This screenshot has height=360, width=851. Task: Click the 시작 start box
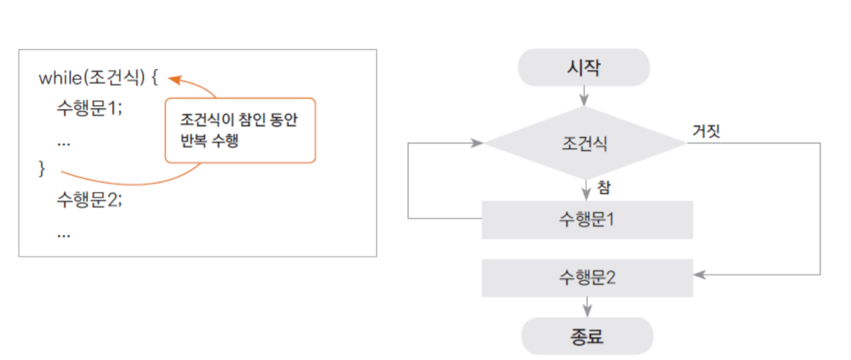[x=584, y=67]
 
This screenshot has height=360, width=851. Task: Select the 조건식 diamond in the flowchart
[x=585, y=143]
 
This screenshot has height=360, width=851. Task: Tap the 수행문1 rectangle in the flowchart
[x=587, y=220]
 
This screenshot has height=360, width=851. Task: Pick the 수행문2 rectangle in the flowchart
[x=587, y=278]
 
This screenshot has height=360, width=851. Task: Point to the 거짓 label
[x=706, y=131]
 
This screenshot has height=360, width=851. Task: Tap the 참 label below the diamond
[x=604, y=187]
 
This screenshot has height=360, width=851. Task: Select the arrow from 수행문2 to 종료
[x=587, y=307]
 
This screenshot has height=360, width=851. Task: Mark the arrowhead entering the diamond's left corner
[x=478, y=143]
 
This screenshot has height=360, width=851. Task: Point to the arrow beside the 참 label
[x=586, y=190]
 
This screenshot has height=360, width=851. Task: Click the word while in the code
[x=58, y=78]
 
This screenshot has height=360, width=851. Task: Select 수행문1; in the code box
[x=90, y=108]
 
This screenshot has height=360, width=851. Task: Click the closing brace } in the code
[x=43, y=169]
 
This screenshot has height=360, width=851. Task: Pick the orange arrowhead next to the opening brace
[x=174, y=80]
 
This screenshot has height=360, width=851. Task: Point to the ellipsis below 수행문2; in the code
[x=63, y=235]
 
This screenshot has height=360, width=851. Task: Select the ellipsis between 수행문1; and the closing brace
[x=63, y=143]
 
